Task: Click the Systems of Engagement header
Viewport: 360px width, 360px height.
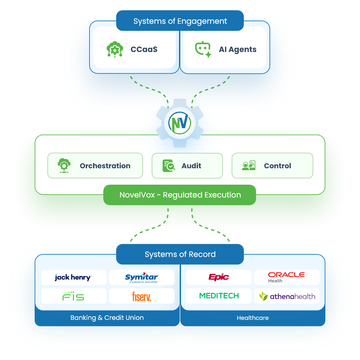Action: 180,21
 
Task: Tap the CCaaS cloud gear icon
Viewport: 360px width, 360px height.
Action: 115,49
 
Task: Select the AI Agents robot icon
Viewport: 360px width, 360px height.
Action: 203,49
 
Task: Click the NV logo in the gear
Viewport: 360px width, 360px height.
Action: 180,123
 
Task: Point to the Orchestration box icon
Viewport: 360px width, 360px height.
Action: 64,166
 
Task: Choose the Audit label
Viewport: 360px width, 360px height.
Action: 191,166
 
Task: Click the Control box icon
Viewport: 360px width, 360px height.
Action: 249,166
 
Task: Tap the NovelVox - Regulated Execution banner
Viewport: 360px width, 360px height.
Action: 180,195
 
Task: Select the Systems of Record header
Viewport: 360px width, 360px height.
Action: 180,254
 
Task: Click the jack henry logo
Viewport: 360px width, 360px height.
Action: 73,277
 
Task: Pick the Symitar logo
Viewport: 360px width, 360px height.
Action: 142,277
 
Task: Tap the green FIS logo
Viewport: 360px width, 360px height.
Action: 73,296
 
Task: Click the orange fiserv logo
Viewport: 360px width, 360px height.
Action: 141,296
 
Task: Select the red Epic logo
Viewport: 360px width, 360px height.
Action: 219,277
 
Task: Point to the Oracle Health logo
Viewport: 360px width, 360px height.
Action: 286,277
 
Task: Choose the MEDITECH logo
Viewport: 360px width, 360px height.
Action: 219,296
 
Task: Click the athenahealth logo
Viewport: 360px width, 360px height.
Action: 287,296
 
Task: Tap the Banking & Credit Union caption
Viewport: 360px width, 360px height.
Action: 107,318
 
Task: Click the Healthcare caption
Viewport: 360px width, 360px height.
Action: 253,318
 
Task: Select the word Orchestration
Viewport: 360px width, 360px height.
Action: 105,166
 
